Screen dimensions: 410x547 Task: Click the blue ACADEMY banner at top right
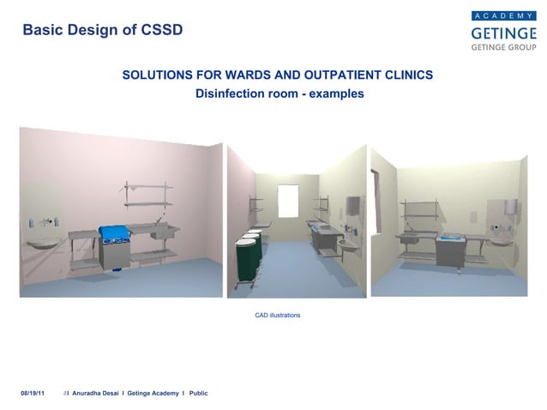[x=502, y=15]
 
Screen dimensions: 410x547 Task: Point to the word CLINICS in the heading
[x=406, y=75]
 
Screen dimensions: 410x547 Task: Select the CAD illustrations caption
[x=278, y=316]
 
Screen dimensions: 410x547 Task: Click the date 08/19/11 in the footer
[x=33, y=393]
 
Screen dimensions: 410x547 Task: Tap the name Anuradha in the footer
[x=88, y=393]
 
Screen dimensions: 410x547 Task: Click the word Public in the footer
[x=198, y=393]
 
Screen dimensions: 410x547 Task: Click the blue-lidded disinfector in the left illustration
[x=113, y=244]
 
